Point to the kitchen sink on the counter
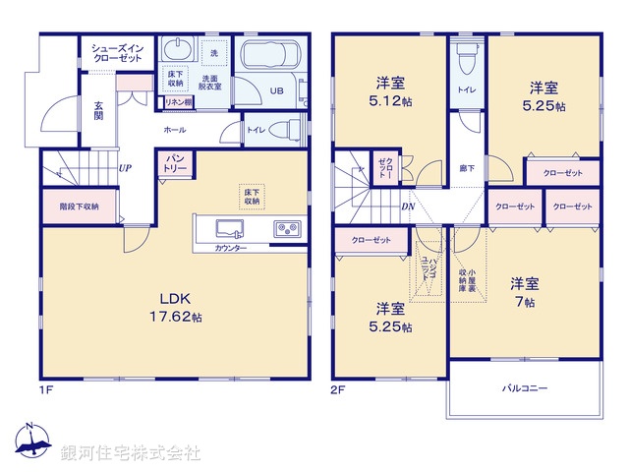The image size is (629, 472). point(229,228)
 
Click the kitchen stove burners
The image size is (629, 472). point(287,228)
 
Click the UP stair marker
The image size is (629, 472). point(125,168)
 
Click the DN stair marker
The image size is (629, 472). point(408,206)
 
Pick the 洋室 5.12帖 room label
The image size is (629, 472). point(389,90)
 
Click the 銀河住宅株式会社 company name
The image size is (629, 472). point(130,453)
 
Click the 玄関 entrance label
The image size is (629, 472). point(100,110)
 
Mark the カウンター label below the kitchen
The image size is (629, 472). point(231,248)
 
